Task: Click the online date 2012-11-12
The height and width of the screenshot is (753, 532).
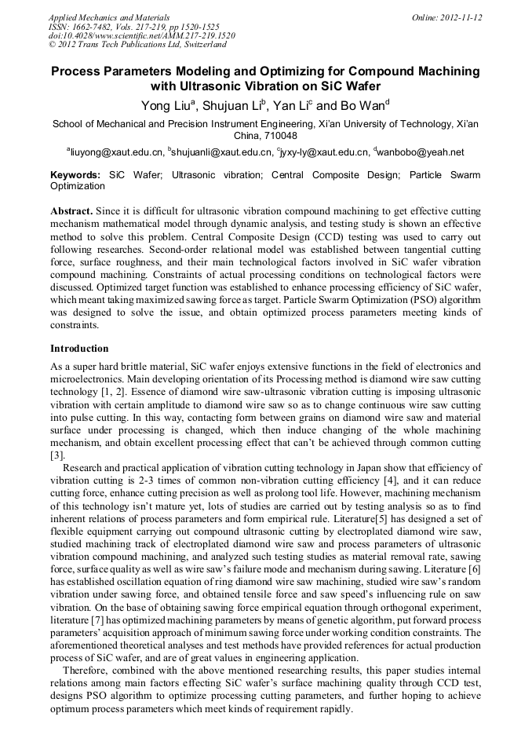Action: coord(461,16)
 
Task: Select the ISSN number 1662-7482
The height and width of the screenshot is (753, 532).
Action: coord(91,26)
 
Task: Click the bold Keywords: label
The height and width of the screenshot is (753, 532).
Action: coord(75,174)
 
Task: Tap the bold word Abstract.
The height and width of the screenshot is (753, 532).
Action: coord(71,212)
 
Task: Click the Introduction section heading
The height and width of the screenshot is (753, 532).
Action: coord(79,348)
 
